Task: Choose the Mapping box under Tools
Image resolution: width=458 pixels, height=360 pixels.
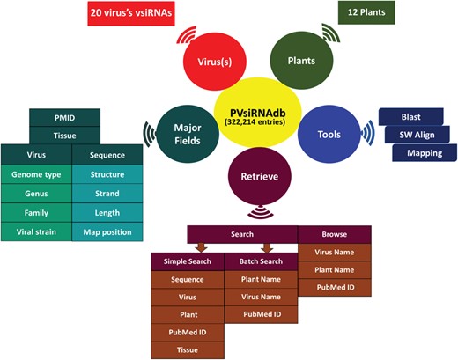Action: point(424,152)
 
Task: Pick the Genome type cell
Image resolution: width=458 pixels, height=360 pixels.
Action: point(36,174)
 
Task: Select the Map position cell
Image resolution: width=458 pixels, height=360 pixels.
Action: point(106,231)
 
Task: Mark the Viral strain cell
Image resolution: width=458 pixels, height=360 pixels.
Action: point(36,231)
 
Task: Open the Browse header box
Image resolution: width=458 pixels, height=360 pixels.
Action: point(334,235)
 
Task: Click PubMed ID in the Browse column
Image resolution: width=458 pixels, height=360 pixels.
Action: point(334,288)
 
